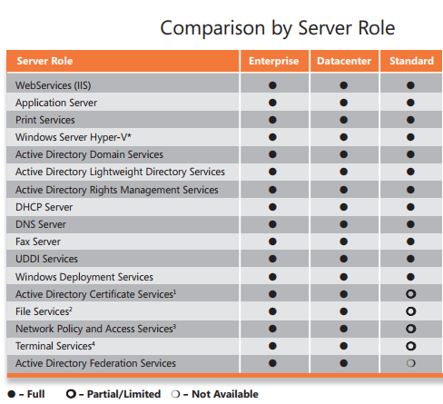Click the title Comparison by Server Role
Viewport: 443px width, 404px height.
[x=277, y=27]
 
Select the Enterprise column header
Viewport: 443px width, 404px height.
[x=272, y=61]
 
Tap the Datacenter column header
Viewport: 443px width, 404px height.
[x=343, y=61]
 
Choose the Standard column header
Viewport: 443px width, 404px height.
[x=410, y=61]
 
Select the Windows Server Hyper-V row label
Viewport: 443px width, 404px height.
[x=74, y=137]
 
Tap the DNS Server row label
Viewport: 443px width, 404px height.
[x=43, y=224]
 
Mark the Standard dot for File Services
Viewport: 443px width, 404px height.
[x=410, y=311]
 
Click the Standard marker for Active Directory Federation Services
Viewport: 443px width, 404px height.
[x=410, y=363]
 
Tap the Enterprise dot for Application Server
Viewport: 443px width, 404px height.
[x=272, y=103]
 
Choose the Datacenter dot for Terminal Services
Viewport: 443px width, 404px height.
[x=343, y=346]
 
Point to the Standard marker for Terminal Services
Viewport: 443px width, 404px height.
[x=410, y=346]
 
